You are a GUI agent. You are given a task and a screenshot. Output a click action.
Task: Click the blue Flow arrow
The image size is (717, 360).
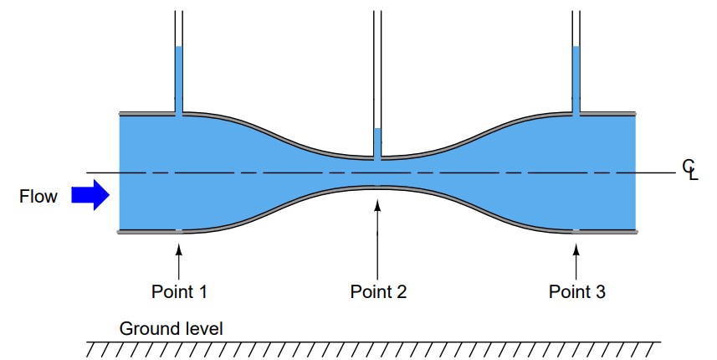90,196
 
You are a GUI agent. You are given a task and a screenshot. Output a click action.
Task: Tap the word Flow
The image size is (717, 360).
38,197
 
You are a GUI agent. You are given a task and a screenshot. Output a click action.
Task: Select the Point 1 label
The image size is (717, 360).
179,292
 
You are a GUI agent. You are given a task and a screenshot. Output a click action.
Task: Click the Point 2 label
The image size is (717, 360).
378,292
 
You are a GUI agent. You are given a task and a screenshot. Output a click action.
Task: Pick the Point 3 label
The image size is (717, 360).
576,292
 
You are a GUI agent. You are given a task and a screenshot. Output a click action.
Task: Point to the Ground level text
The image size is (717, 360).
172,329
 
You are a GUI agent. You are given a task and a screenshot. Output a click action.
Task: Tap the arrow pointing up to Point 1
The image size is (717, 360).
179,259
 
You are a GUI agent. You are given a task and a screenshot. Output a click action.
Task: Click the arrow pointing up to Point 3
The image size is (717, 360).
576,259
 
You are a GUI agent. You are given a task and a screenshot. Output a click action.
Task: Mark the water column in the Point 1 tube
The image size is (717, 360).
179,80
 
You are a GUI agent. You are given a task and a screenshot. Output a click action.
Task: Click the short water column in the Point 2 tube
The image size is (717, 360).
378,142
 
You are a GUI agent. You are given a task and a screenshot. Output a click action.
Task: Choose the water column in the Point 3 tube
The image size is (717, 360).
576,80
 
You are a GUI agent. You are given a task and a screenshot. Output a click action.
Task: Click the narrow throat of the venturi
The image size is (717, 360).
378,172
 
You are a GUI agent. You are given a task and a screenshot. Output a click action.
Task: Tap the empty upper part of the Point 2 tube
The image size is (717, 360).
378,67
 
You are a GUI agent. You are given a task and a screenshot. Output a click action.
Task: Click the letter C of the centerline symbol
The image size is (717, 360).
687,167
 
